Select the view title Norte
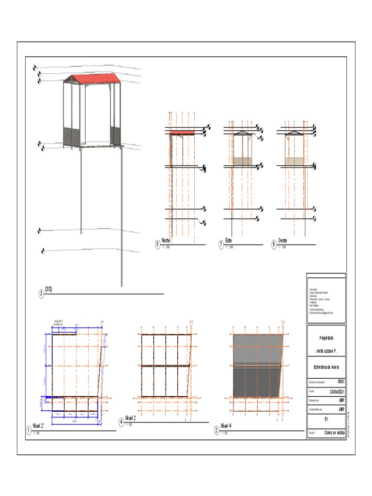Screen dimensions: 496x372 [x=166, y=240]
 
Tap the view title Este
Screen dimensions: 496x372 [x=229, y=240]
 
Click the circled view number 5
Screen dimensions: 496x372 [x=157, y=245]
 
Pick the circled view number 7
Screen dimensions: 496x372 [x=221, y=245]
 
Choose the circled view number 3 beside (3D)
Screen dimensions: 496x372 [x=41, y=294]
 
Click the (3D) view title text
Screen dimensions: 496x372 [x=48, y=289]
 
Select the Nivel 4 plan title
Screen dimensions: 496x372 [x=227, y=426]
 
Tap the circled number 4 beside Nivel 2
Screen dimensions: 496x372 [x=121, y=422]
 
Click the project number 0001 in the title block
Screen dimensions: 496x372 [x=341, y=382]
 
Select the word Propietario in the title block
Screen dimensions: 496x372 [x=326, y=338]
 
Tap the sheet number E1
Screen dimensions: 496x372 [x=326, y=418]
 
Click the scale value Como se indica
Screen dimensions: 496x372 [x=334, y=433]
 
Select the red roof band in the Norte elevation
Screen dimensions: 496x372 [x=182, y=133]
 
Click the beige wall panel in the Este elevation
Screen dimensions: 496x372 [x=242, y=161]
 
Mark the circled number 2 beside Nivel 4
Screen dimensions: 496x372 [x=216, y=430]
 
